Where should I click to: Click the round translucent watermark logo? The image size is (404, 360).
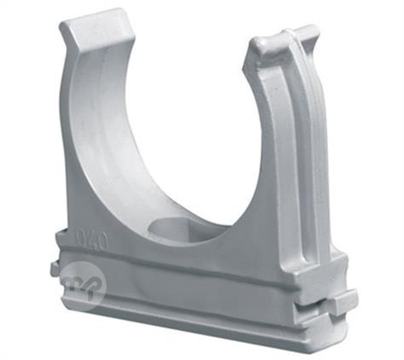[x=84, y=282]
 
